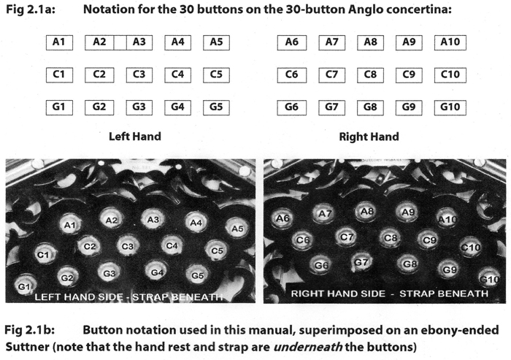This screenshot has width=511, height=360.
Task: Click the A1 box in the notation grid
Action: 59,42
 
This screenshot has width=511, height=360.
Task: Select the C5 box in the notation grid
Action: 216,75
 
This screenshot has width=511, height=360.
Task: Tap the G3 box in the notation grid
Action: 139,107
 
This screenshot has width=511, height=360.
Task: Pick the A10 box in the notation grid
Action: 450,42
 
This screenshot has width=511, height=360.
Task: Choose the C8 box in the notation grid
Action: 370,75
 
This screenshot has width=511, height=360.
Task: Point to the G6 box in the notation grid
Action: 292,107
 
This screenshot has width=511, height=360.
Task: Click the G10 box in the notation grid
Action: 450,107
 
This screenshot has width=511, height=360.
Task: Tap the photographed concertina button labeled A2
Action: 111,220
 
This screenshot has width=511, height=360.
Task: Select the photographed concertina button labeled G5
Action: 197,275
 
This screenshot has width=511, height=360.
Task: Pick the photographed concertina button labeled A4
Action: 196,223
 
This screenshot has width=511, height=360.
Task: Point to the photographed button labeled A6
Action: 283,218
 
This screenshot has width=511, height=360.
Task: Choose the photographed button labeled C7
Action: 346,237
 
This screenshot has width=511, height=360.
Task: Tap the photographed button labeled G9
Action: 449,269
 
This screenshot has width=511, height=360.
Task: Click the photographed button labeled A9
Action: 407,212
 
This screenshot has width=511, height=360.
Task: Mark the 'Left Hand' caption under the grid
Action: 135,137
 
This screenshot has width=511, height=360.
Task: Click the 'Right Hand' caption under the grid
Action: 369,137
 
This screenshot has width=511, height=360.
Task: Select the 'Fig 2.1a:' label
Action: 31,9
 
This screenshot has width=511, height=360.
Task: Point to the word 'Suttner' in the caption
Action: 27,347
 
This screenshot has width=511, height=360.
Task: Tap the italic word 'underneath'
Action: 307,347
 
